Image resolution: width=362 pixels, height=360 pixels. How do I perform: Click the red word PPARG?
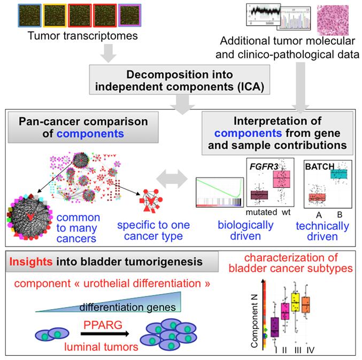(102, 323)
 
